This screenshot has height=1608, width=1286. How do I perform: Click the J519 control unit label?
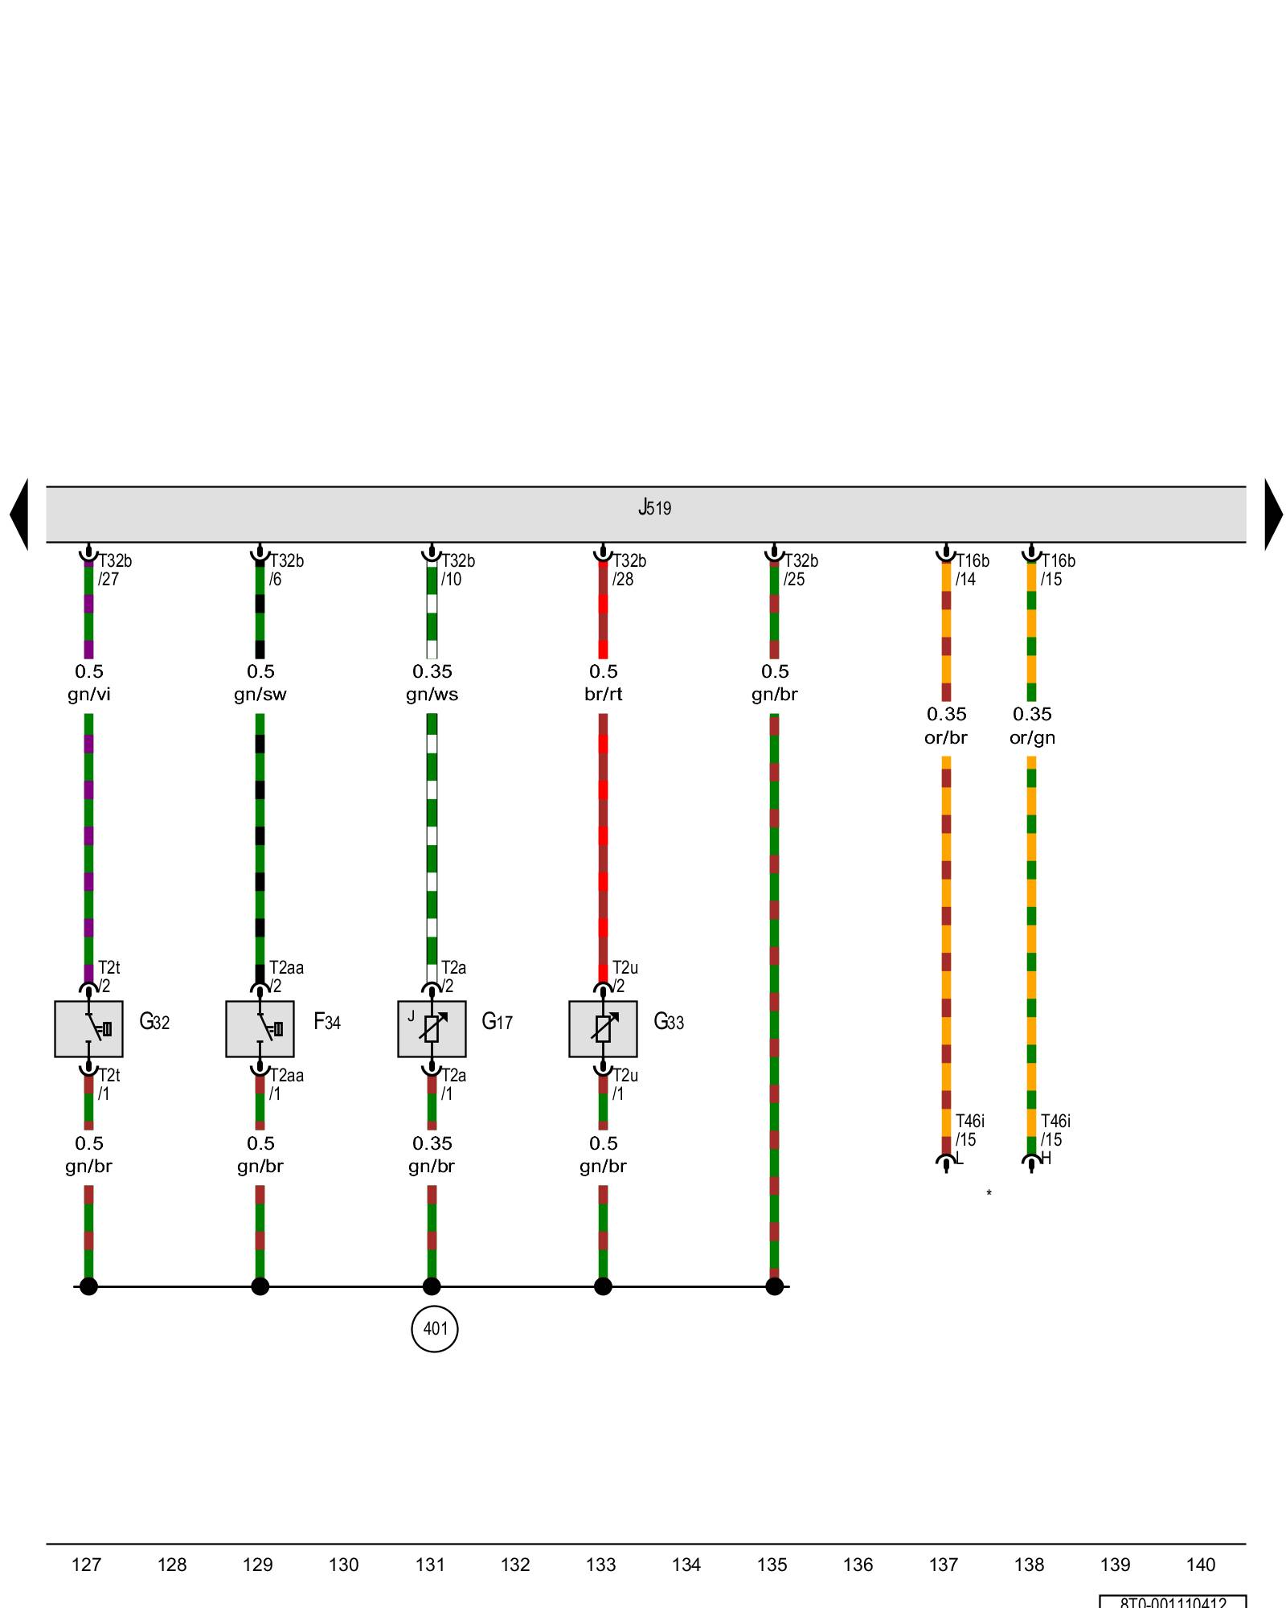point(654,508)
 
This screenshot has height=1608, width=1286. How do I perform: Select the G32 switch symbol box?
point(88,1028)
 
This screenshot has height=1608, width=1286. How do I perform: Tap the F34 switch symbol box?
point(260,1028)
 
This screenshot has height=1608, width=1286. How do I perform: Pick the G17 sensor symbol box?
point(432,1028)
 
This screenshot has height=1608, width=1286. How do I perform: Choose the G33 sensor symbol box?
point(603,1028)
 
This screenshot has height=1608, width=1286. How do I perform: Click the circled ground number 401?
point(435,1328)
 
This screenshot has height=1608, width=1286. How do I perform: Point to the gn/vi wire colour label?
point(88,695)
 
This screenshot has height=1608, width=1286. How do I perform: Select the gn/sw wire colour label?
point(260,695)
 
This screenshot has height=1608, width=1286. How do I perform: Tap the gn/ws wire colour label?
point(432,695)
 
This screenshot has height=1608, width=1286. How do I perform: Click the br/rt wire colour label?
point(603,695)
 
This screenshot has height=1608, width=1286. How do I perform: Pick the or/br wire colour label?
point(945,738)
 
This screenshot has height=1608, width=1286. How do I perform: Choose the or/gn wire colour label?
point(1032,738)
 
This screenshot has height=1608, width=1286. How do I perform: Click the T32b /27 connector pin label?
point(114,570)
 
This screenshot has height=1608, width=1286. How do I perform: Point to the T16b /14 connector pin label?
point(972,570)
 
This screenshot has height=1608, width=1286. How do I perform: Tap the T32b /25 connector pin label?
point(800,570)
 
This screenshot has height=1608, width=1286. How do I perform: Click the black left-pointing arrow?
point(19,515)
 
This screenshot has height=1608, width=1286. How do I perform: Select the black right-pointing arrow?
point(1273,515)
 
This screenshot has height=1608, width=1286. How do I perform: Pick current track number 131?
point(430,1565)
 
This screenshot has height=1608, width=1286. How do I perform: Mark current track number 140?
point(1201,1565)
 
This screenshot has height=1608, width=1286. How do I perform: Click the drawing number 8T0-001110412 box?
point(1173,1602)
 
